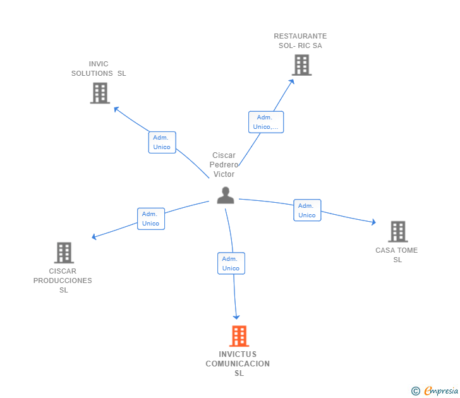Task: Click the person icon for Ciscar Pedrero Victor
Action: tap(226, 196)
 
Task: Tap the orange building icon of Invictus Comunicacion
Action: tap(239, 336)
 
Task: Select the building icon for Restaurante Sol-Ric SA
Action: tap(301, 64)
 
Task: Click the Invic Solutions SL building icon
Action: tap(100, 93)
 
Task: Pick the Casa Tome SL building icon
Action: tap(397, 232)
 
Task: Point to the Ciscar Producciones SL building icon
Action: tap(64, 253)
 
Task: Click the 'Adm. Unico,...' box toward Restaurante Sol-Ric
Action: tap(266, 122)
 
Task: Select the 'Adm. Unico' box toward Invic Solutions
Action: tap(162, 142)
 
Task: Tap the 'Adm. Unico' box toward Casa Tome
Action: tap(307, 210)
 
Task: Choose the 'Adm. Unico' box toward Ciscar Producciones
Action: tap(151, 219)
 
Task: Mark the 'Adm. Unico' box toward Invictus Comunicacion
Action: tap(231, 263)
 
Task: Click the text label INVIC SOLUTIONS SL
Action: tap(99, 69)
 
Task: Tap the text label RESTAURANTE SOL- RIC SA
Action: tap(300, 41)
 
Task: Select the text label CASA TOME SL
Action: tap(397, 255)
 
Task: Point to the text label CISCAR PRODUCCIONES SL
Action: tap(63, 280)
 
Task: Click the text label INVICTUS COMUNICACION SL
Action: tap(238, 363)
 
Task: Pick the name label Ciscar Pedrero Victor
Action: tap(224, 165)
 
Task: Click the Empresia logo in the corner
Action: tap(440, 391)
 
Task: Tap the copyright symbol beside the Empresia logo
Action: tap(415, 392)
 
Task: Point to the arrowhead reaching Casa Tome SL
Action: tap(373, 222)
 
